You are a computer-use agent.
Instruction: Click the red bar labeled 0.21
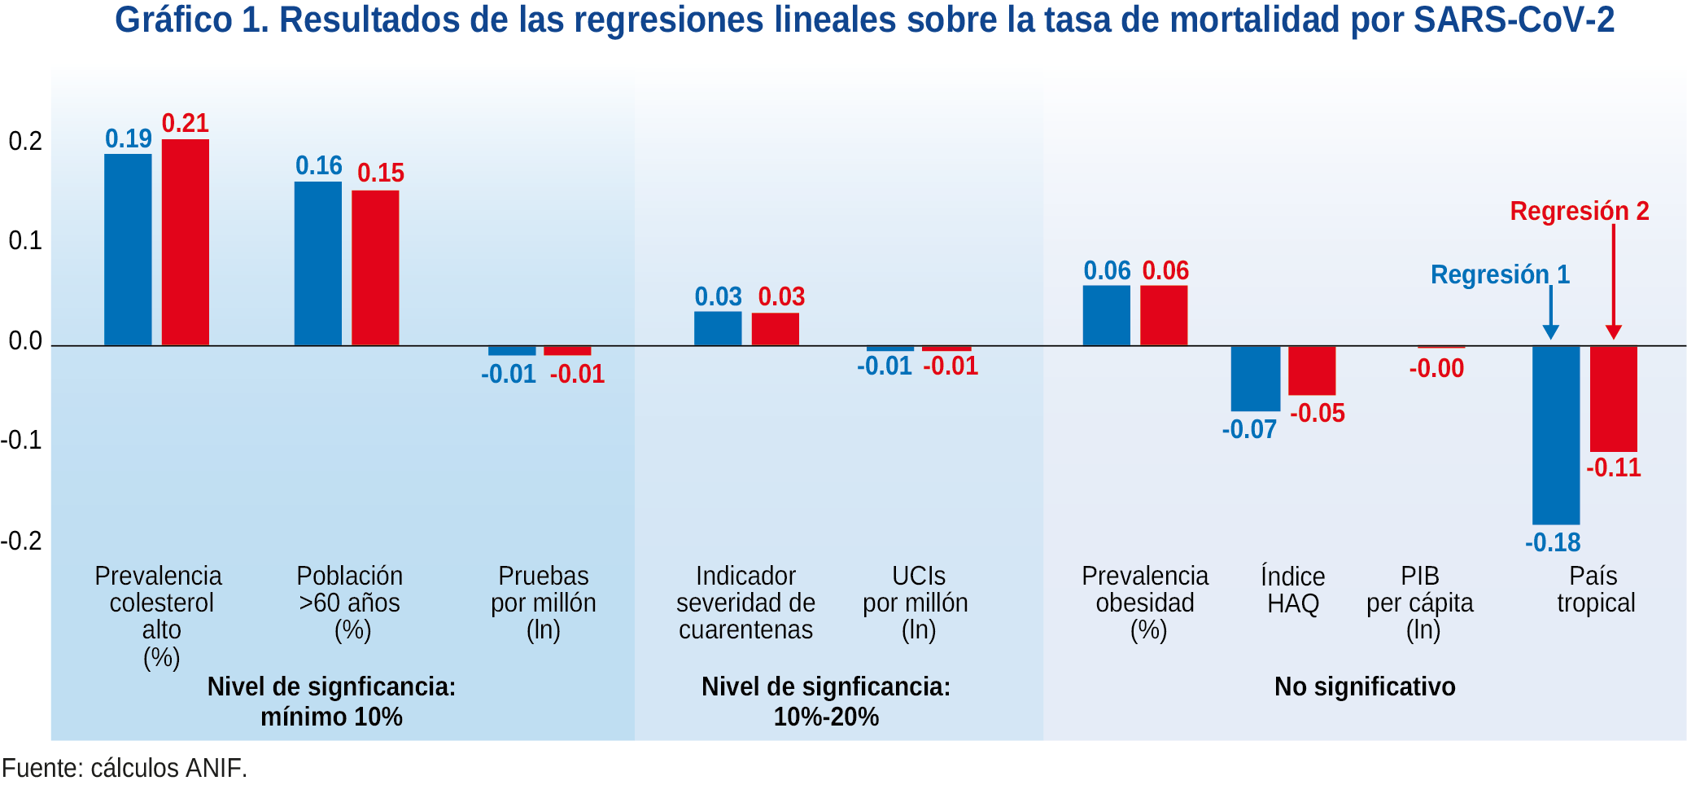click(x=186, y=242)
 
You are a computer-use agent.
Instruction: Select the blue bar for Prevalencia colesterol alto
click(x=128, y=249)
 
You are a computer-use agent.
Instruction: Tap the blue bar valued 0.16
click(x=318, y=263)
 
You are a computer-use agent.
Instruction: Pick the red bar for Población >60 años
click(x=375, y=268)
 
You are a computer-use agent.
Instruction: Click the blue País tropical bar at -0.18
click(x=1556, y=435)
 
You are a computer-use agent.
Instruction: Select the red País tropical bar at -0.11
click(x=1614, y=398)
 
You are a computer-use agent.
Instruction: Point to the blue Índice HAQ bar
click(x=1255, y=379)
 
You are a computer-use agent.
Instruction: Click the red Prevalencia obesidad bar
click(x=1164, y=315)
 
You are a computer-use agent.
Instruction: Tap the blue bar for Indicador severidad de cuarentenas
click(x=718, y=328)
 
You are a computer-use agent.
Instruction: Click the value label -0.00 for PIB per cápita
click(x=1436, y=369)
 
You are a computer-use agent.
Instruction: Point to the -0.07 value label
click(x=1249, y=429)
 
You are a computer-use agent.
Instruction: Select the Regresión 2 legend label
click(x=1579, y=211)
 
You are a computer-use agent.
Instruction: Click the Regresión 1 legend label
click(x=1500, y=274)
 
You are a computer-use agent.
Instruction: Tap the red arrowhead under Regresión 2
click(x=1614, y=332)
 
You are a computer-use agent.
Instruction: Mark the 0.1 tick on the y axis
click(x=25, y=241)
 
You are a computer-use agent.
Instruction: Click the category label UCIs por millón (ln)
click(x=916, y=603)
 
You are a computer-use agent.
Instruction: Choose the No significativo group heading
click(x=1365, y=686)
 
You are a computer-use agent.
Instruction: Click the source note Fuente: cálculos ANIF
click(x=125, y=768)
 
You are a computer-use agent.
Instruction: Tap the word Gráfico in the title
click(x=173, y=20)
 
